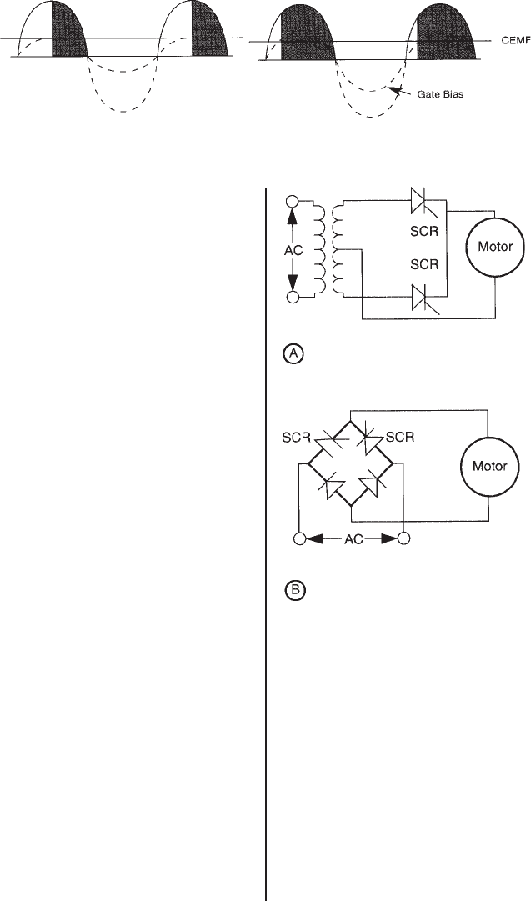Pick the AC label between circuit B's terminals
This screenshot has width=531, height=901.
(x=350, y=539)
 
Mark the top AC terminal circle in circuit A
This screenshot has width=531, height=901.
(x=293, y=202)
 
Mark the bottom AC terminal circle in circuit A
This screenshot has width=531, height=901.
(x=293, y=297)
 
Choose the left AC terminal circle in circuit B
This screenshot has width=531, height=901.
(x=298, y=538)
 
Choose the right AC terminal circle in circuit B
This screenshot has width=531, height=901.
(x=403, y=538)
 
